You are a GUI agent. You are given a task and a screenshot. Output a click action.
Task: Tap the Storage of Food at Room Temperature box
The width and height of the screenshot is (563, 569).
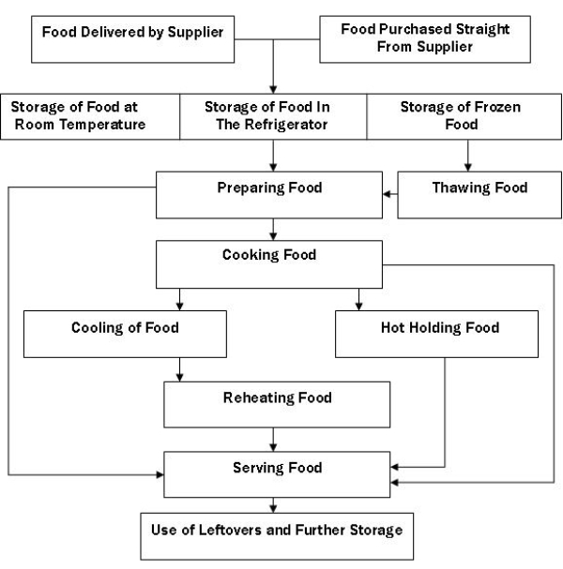(90, 114)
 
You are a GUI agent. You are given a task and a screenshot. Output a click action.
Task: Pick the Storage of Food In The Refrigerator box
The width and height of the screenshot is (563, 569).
(271, 114)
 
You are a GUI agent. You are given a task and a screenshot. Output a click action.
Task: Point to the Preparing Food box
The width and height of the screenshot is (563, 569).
(271, 194)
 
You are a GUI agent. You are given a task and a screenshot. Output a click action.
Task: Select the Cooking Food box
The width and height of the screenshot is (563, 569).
(269, 262)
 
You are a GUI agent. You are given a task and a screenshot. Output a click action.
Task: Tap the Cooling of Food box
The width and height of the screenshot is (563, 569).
(125, 334)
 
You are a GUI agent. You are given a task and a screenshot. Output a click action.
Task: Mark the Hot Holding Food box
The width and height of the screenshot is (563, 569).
(440, 334)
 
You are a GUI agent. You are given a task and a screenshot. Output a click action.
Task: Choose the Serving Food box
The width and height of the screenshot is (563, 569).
(277, 473)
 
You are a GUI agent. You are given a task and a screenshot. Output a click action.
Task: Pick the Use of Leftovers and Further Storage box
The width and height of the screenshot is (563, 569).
(277, 535)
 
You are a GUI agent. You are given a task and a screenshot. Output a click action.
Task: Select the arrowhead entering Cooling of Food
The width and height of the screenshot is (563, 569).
(179, 306)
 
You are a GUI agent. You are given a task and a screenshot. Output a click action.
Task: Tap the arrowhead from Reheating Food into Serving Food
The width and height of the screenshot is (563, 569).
(272, 445)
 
